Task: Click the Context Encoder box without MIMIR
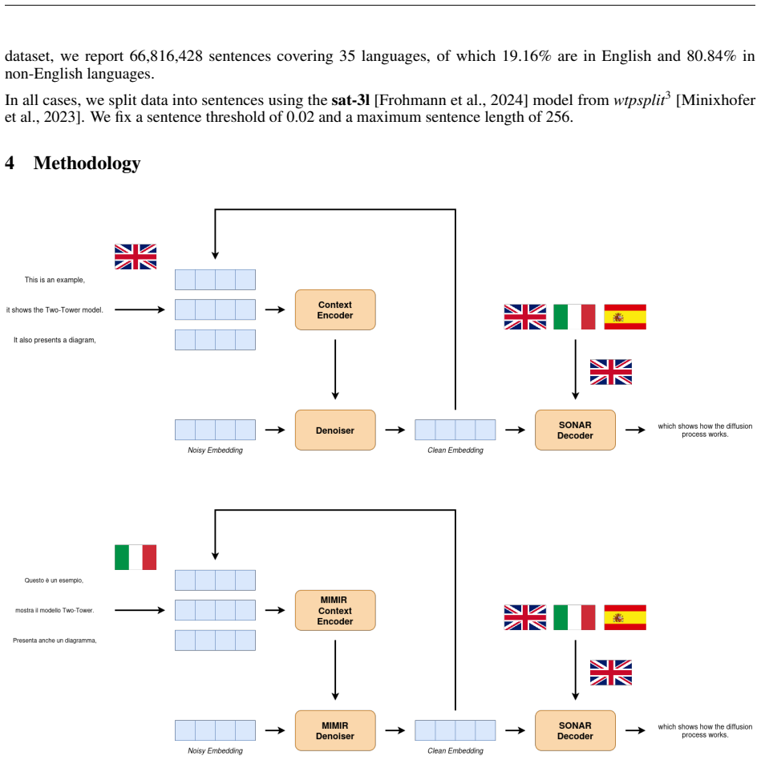(x=335, y=309)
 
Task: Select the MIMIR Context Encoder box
(x=335, y=610)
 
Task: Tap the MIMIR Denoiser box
(x=335, y=730)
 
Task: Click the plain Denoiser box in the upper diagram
(x=335, y=430)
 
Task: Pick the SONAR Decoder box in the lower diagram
(x=575, y=730)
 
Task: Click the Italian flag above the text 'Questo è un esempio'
(x=136, y=557)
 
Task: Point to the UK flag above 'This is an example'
(x=136, y=257)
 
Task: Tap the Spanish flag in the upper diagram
(x=625, y=317)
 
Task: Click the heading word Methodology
(x=87, y=163)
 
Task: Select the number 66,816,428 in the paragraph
(x=166, y=56)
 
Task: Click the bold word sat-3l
(x=350, y=100)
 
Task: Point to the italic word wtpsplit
(x=639, y=100)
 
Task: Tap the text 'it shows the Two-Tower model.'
(x=55, y=309)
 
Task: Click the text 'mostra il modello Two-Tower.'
(x=55, y=610)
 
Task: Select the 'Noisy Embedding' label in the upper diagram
(x=215, y=451)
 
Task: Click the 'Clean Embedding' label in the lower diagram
(x=455, y=750)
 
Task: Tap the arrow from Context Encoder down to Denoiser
(x=335, y=370)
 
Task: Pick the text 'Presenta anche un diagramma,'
(x=55, y=640)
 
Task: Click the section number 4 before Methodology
(x=9, y=163)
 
